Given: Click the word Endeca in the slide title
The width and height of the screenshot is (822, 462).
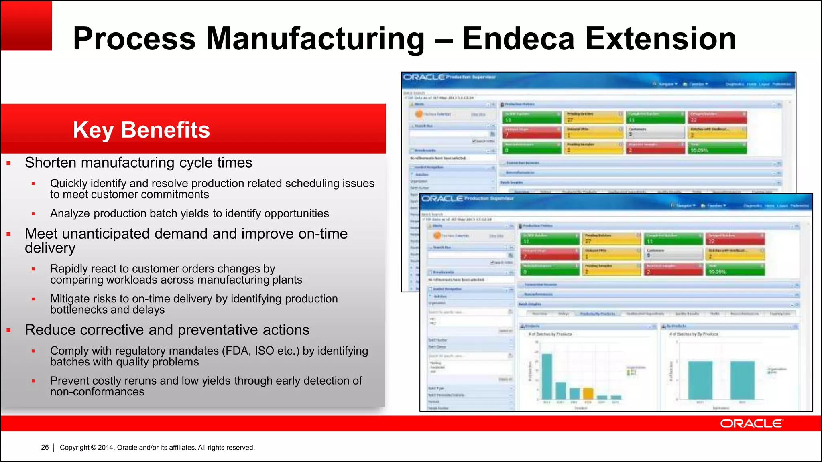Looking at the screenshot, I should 519,39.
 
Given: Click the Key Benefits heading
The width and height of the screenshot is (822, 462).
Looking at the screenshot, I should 141,130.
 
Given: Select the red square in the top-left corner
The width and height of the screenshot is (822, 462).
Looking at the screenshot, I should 26,25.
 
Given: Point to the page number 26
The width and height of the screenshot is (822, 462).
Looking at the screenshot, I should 45,447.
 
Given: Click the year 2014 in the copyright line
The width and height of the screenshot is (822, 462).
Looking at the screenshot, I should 106,448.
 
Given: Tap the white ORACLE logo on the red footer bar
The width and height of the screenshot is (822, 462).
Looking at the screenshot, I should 751,423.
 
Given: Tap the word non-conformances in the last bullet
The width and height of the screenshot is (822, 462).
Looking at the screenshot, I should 97,392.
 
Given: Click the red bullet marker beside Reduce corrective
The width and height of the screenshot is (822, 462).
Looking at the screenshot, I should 8,330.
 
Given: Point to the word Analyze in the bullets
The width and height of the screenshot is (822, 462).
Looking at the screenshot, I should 70,213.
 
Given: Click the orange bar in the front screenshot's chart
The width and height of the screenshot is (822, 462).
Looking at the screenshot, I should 588,393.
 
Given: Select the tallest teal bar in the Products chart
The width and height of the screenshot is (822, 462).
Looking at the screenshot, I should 547,376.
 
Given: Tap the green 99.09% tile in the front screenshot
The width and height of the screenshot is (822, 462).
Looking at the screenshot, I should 735,269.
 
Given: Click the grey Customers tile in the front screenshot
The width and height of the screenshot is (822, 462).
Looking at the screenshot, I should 673,253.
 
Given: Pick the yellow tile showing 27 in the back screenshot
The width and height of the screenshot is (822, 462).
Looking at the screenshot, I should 593,117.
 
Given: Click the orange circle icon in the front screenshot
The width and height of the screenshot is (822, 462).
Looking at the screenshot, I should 437,236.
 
